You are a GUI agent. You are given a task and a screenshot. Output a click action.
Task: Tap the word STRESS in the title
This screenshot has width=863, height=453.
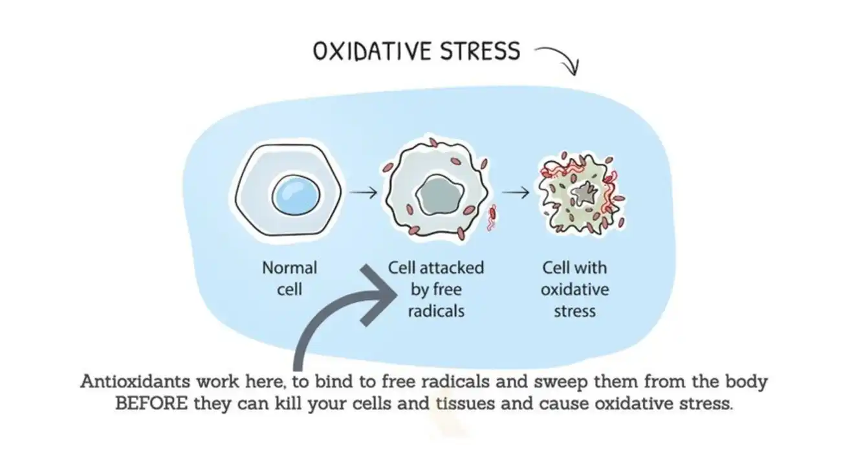point(479,51)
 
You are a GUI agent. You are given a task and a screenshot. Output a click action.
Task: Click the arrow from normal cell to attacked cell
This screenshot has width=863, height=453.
point(363,192)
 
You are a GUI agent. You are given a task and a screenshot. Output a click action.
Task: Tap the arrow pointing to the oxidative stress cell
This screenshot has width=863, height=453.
point(516,192)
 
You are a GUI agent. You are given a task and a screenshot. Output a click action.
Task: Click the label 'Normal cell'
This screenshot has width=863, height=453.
point(289,278)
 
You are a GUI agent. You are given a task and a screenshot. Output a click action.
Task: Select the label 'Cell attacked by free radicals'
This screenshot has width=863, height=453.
point(435,289)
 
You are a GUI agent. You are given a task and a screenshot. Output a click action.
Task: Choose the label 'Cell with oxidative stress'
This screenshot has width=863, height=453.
point(574,289)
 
